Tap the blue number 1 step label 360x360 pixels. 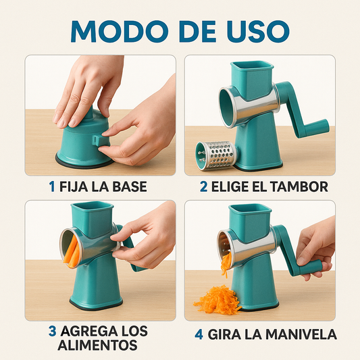[x=52, y=186]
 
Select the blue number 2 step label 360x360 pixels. [x=203, y=186]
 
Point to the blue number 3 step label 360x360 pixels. [x=53, y=332]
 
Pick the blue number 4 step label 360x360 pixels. [x=199, y=334]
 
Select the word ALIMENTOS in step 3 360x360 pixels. [x=97, y=345]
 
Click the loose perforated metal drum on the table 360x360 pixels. [x=216, y=155]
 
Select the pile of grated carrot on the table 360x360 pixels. [x=217, y=300]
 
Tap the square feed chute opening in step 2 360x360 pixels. [x=252, y=66]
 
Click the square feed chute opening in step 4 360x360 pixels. [x=250, y=209]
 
